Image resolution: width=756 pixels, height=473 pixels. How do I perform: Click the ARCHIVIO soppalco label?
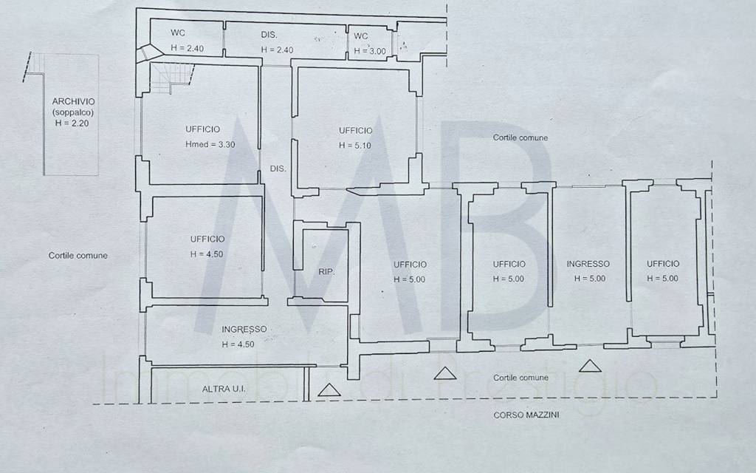coord(73,106)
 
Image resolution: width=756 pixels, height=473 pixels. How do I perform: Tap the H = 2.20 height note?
coord(72,123)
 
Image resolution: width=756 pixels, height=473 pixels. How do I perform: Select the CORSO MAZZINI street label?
coord(526,415)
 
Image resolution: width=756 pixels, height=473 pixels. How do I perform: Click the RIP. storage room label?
coord(326,272)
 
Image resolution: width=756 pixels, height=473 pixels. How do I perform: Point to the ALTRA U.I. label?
coord(224,389)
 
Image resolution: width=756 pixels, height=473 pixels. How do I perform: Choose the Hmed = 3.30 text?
coord(210,144)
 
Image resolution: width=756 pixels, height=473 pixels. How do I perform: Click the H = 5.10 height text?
coord(355,146)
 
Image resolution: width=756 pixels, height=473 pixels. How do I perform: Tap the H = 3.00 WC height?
coord(370,51)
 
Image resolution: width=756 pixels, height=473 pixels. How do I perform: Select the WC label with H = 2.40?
coord(177,33)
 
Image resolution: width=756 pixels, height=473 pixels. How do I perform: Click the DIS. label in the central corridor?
coord(278,169)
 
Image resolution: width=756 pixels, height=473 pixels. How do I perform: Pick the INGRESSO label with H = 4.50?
coord(244,329)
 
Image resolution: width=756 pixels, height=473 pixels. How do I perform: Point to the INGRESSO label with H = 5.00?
coord(588,264)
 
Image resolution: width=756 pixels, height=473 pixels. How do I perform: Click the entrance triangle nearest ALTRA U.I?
coord(329,390)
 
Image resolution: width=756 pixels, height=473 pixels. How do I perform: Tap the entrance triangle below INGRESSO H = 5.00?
coord(590,366)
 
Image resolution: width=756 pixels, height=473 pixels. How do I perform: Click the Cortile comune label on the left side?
coord(78,255)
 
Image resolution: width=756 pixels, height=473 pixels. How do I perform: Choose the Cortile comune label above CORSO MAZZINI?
coord(520,378)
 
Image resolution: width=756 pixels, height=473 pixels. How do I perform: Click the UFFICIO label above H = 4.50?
coord(207,239)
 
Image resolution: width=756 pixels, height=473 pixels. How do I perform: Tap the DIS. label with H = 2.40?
coord(269,35)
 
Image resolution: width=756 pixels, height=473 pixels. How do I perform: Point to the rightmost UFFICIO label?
coord(663,264)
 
